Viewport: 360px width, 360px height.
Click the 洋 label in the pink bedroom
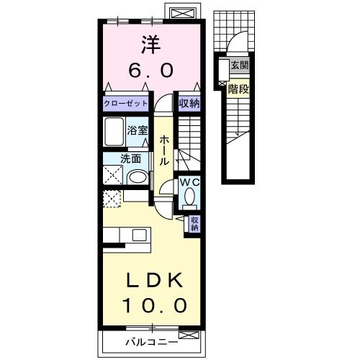(150, 45)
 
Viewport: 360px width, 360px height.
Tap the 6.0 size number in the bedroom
(150, 70)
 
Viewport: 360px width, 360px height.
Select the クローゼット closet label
(125, 104)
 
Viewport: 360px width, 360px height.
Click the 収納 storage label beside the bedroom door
(189, 104)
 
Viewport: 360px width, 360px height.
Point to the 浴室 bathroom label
(137, 130)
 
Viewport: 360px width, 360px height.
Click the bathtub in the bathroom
(114, 132)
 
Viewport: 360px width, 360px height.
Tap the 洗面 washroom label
(130, 159)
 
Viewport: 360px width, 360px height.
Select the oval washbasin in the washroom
(137, 177)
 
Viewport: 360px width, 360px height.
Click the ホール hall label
(164, 150)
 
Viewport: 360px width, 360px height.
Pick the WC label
(189, 183)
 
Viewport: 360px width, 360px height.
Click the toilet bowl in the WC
(189, 196)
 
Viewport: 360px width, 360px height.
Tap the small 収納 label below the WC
(194, 224)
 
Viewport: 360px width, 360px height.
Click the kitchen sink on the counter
(140, 235)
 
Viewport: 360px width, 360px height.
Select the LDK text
(154, 280)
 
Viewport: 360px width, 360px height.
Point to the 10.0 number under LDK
(155, 305)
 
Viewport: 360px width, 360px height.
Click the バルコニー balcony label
(152, 342)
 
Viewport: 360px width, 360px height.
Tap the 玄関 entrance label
(240, 65)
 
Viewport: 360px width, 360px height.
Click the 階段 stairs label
(238, 89)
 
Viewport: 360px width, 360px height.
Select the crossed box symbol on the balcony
(189, 335)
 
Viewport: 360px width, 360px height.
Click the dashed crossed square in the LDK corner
(112, 199)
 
